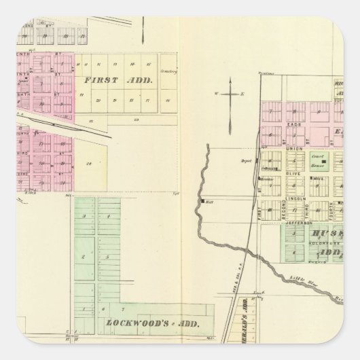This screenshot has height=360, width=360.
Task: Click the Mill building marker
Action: coord(203,202)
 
